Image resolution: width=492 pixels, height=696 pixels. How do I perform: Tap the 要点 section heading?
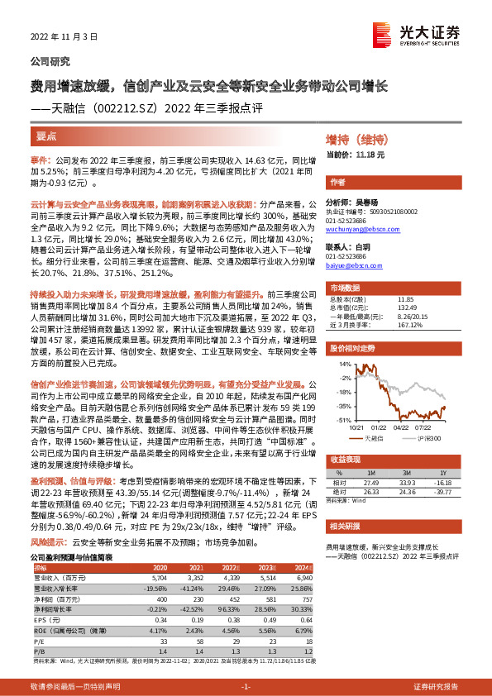47,136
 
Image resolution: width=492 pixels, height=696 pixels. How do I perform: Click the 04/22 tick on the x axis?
400,427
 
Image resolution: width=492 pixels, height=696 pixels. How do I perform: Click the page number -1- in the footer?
246,686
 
